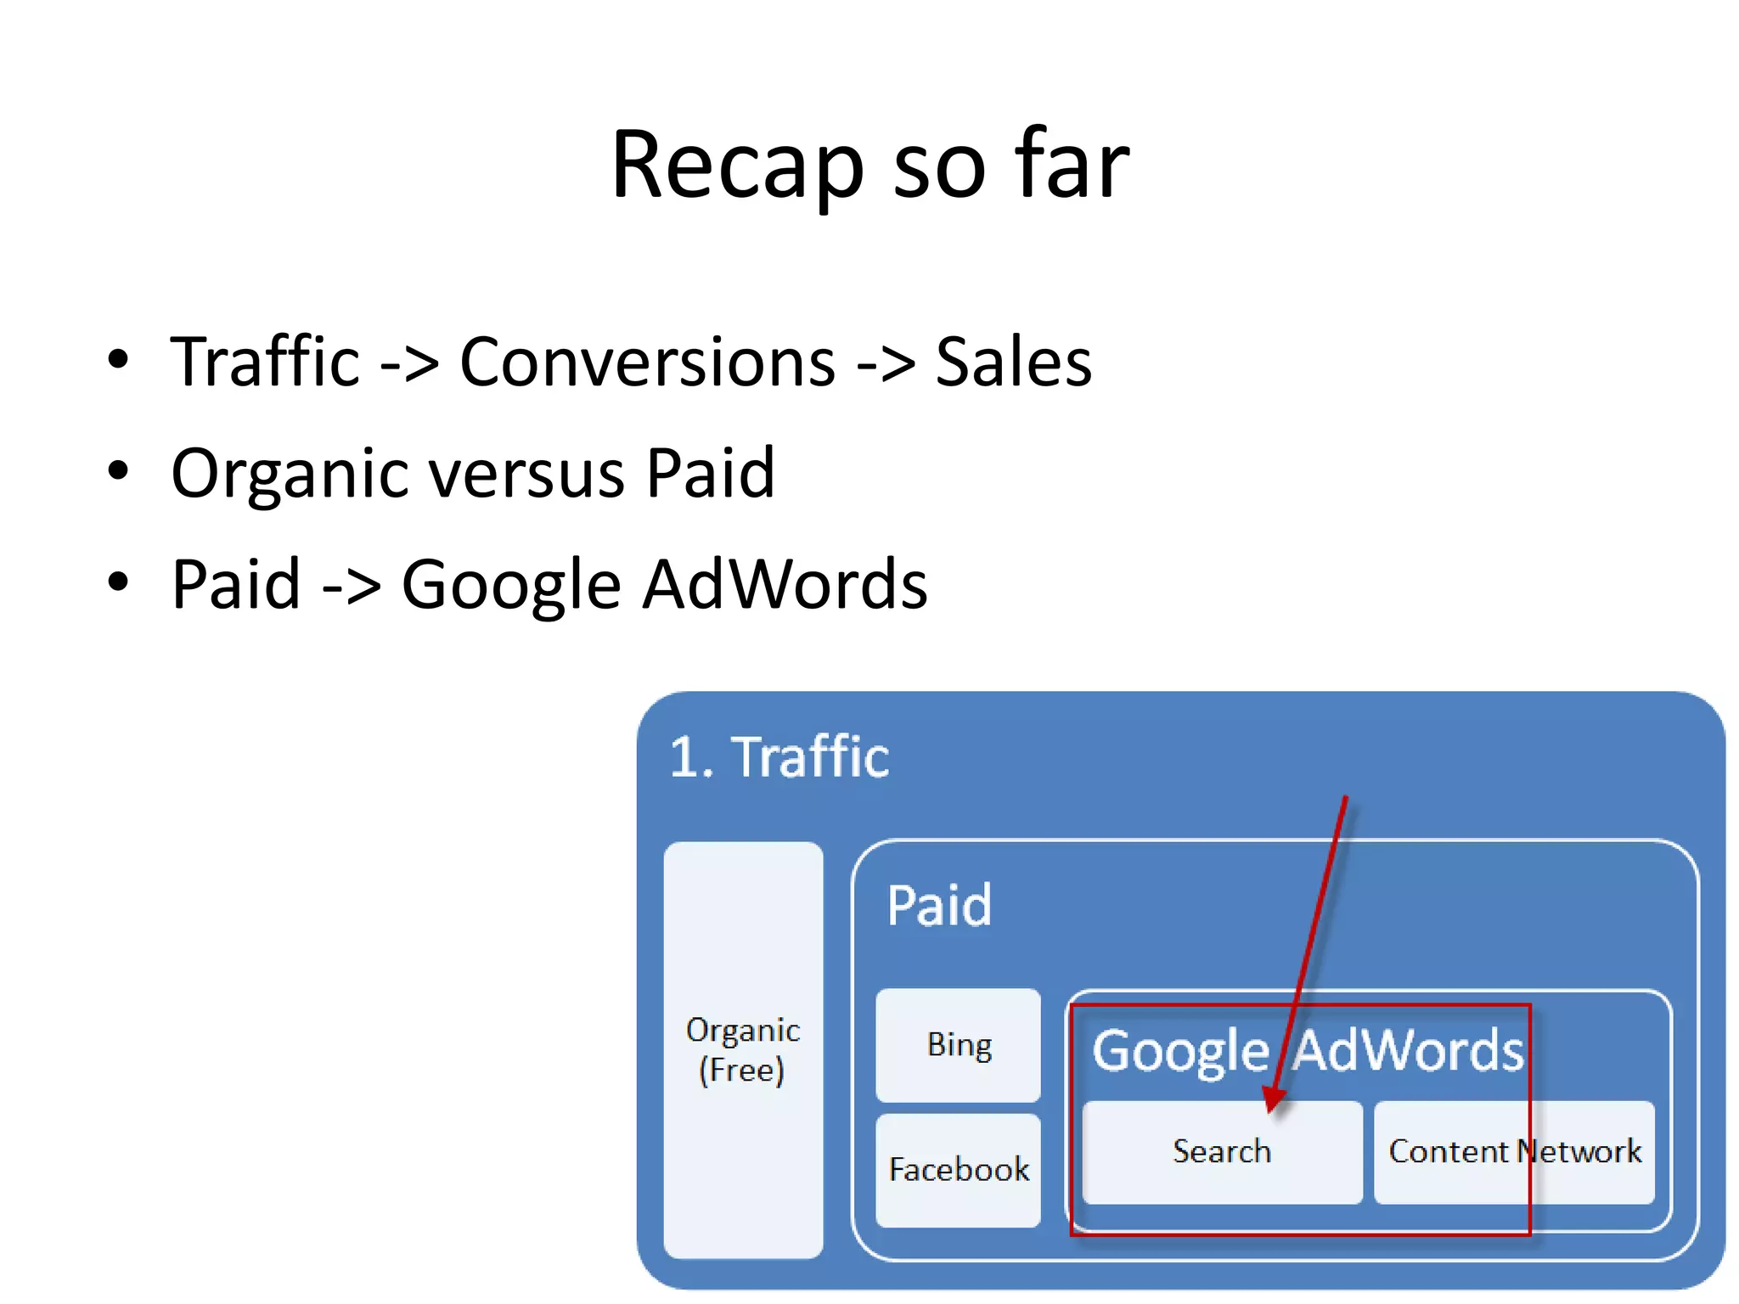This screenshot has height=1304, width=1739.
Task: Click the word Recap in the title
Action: click(737, 166)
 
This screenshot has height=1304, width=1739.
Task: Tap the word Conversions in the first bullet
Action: click(647, 363)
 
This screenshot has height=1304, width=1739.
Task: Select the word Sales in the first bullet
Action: click(1013, 363)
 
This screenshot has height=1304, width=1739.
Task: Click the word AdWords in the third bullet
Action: click(785, 585)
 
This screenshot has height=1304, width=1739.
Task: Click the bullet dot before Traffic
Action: click(118, 359)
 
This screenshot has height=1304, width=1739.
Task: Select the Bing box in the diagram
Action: click(958, 1045)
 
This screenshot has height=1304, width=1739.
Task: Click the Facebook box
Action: click(958, 1170)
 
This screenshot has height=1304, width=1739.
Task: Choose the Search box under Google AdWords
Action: click(1221, 1152)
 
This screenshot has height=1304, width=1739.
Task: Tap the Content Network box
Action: click(1514, 1152)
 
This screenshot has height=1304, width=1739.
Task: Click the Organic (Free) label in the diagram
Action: click(743, 1049)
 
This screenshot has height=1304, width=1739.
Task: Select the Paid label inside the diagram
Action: click(938, 905)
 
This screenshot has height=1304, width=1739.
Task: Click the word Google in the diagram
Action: click(1179, 1052)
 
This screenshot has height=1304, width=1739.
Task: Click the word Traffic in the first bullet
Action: click(266, 363)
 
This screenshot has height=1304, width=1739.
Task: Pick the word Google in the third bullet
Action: click(511, 585)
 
